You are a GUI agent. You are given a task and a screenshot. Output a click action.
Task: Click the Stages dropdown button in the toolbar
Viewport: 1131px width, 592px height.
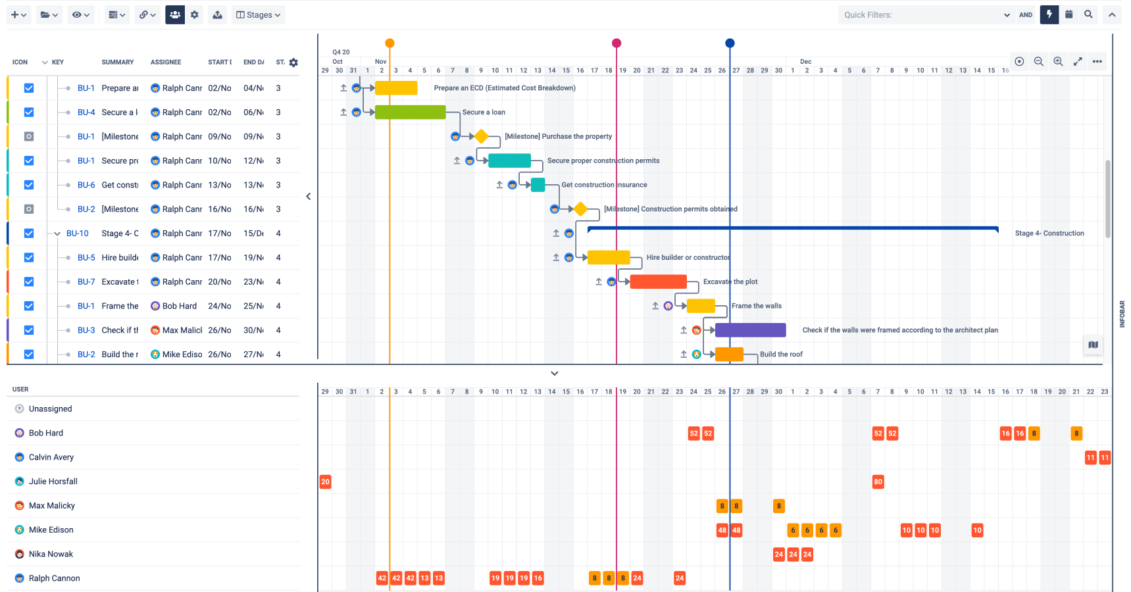[258, 14]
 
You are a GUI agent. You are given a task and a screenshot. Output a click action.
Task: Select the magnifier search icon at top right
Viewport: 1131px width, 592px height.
[1088, 14]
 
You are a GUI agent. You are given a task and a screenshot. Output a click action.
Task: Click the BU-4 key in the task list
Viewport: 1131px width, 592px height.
[86, 112]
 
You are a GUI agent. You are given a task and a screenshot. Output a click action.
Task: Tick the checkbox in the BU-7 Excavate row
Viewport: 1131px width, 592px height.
[29, 282]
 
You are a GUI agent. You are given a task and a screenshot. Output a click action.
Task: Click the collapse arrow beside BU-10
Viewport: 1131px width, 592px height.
[57, 234]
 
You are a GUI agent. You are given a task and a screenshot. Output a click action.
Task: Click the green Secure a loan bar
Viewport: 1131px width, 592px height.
[410, 112]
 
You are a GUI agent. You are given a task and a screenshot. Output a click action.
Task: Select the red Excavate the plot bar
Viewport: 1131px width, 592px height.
[658, 282]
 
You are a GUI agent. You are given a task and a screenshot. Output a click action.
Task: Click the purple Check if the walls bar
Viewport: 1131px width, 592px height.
[750, 330]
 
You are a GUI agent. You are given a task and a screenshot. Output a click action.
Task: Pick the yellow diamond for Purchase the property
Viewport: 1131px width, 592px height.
[482, 137]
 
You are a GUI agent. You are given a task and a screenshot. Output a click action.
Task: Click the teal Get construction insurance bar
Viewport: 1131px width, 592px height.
[538, 185]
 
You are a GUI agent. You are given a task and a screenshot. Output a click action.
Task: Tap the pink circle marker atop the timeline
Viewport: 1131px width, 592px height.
[616, 43]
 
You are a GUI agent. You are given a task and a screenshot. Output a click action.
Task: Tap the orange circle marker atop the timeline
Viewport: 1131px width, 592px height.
[390, 43]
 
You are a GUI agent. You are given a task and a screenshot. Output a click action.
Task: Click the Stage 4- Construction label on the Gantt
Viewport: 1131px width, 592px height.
[1049, 234]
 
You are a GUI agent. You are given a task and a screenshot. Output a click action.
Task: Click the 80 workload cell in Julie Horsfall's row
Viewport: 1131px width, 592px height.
[878, 481]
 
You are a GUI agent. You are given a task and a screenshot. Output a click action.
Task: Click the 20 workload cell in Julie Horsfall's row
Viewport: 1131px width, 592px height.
[325, 481]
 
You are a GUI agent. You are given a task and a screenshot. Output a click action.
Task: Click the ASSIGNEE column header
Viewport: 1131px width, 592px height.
[166, 62]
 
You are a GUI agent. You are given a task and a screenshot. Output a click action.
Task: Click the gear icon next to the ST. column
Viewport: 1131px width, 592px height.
[293, 62]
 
